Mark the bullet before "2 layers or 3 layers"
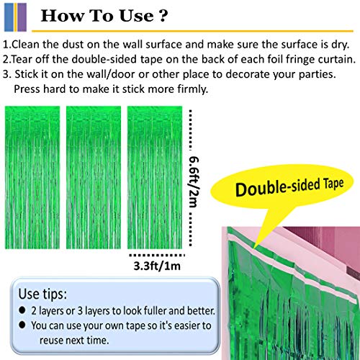[x=24, y=310]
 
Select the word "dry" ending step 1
[x=341, y=43]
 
